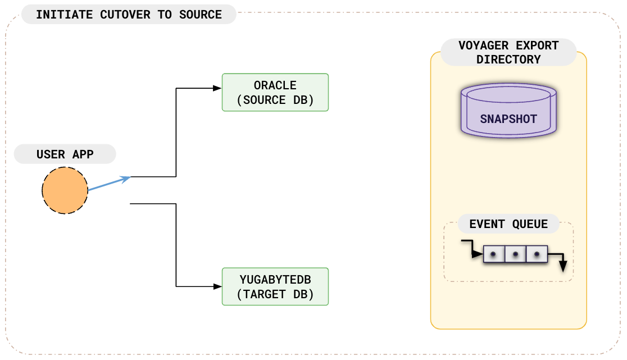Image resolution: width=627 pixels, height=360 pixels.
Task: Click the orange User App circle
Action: click(65, 190)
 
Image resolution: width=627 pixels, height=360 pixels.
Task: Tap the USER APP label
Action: click(65, 154)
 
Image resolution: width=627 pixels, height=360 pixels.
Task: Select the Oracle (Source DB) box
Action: click(275, 92)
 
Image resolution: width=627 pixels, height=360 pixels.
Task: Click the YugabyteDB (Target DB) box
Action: click(275, 286)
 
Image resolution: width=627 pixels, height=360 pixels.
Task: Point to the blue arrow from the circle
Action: click(109, 184)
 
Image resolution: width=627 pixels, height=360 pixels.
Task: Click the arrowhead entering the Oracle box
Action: click(217, 88)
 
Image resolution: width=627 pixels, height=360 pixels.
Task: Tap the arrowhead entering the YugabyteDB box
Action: click(217, 286)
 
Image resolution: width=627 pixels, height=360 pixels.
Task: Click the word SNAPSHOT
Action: click(508, 119)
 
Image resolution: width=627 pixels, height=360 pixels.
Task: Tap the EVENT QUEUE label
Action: click(508, 224)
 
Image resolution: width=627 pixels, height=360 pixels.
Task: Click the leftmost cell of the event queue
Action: click(493, 254)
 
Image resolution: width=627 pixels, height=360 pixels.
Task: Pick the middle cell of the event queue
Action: click(515, 254)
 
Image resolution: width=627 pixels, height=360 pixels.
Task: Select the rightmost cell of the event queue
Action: click(537, 254)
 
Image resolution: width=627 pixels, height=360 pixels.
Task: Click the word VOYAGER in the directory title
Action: click(480, 45)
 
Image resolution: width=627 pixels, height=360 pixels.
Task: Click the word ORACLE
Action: click(275, 86)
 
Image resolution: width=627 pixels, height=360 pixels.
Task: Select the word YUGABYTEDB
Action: click(275, 280)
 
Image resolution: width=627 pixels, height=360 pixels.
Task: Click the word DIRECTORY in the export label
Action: click(508, 59)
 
